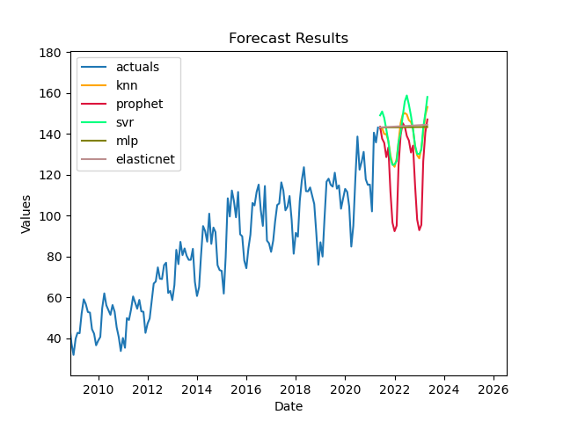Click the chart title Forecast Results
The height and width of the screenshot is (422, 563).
point(289,39)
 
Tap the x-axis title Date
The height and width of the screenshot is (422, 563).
point(289,406)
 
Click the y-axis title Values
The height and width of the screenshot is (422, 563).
point(26,215)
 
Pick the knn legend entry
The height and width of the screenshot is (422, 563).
point(128,85)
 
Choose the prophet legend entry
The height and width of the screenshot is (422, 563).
point(139,104)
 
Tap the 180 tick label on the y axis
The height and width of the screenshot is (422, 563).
point(51,53)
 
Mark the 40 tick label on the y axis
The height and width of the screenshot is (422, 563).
point(55,338)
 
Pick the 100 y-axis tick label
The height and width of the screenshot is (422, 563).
point(51,216)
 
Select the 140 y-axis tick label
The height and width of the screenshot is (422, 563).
point(51,135)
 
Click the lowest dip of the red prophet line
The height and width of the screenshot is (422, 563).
point(394,231)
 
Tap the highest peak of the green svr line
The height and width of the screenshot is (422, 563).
point(406,96)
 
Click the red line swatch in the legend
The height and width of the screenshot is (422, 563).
point(96,104)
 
